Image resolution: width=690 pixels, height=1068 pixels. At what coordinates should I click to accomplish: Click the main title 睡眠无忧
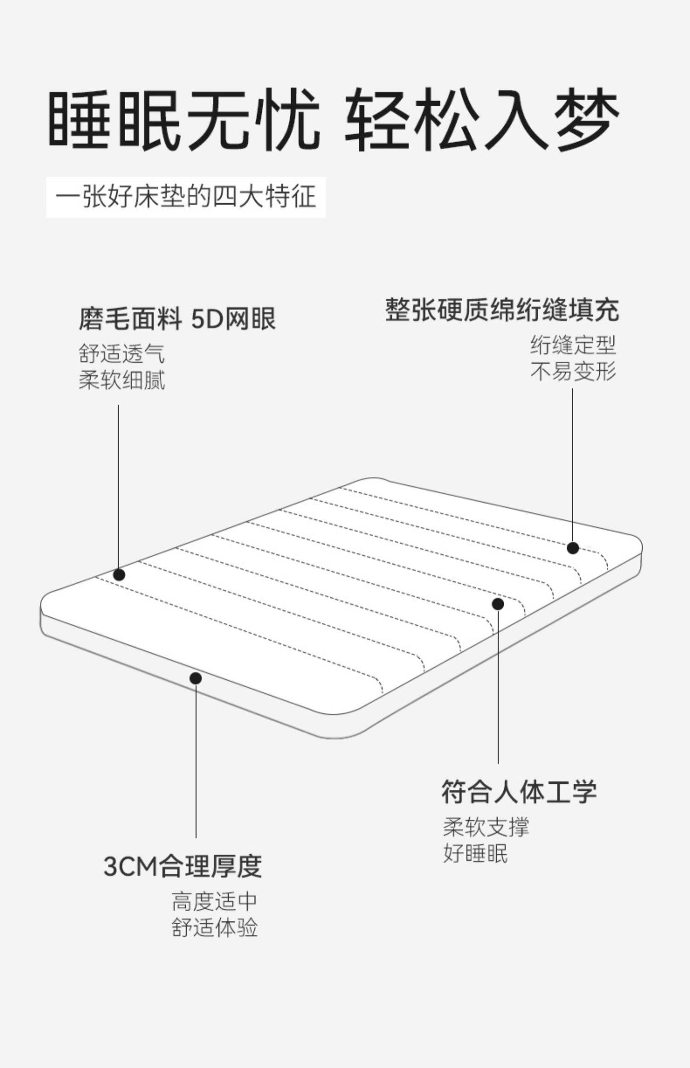coord(184,121)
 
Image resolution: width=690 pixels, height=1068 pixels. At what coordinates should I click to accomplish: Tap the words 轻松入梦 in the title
coord(482,121)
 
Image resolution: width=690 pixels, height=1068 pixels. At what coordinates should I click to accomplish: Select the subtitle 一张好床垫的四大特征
coord(186,197)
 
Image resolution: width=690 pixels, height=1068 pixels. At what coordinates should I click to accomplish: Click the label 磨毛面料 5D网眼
coord(177,319)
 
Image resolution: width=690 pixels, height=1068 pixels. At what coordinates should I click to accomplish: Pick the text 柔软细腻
coord(121,380)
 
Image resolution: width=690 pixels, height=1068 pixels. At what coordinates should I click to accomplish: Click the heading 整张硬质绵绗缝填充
coord(502,310)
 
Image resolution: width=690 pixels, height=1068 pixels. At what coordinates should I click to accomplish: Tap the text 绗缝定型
coord(573,345)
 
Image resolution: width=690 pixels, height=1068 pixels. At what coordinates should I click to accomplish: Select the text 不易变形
coord(573,372)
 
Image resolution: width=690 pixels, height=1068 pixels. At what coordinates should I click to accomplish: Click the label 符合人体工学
coord(519,792)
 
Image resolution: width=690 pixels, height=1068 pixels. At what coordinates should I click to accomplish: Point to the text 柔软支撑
coord(486,827)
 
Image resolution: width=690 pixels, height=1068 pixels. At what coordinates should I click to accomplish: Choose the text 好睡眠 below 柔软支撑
coord(475,853)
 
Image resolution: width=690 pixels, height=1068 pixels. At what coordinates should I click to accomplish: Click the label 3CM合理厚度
coord(183,866)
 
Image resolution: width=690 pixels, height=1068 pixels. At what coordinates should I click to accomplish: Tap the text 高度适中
coord(214,901)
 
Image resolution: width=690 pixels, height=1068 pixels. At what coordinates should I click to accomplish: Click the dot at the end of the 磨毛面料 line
coord(119,574)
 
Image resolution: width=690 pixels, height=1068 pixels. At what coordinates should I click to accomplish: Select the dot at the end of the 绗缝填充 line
coord(573,548)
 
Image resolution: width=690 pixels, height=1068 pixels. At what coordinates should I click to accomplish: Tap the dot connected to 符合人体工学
coord(498,604)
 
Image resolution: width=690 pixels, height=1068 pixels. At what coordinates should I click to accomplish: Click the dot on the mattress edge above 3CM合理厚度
coord(196,678)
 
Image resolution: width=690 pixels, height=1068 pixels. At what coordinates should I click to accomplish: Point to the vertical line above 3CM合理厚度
coord(196,759)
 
